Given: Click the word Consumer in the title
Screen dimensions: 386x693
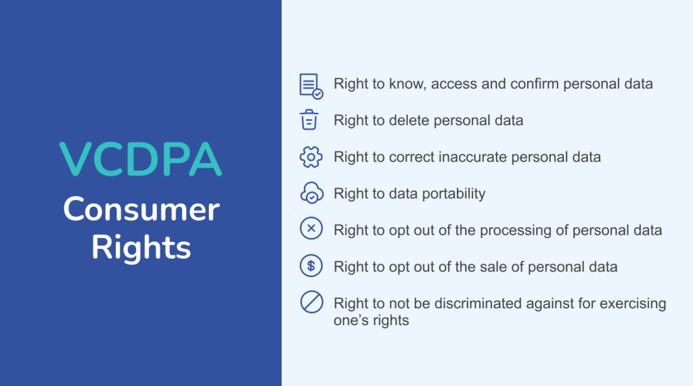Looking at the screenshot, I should tap(141, 210).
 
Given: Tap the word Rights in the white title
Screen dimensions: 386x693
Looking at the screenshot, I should tap(141, 247).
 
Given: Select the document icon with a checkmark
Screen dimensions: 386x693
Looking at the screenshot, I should tap(311, 85).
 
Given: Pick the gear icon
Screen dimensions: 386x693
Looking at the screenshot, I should tap(311, 158).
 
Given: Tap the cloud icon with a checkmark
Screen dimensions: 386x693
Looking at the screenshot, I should tap(311, 194).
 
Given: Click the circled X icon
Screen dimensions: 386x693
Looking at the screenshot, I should tap(311, 230).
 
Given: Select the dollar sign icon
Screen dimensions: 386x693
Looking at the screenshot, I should tap(311, 266).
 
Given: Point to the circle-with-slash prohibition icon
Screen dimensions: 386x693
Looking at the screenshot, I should tap(311, 302).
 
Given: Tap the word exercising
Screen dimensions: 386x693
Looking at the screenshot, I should tap(630, 304).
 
